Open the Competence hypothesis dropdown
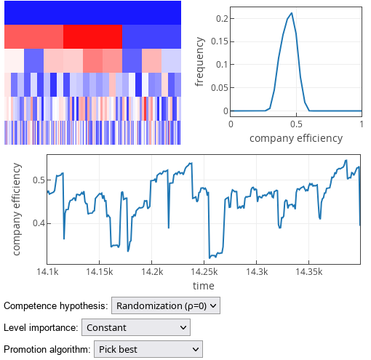(x=165, y=306)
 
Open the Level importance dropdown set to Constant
(x=136, y=328)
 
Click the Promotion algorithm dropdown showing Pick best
(x=148, y=350)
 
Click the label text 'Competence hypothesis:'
(x=56, y=306)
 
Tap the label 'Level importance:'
(x=41, y=328)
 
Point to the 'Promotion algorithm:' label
(x=47, y=350)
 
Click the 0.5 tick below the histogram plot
(x=296, y=124)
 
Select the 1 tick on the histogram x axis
(x=362, y=124)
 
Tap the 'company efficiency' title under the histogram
(x=296, y=137)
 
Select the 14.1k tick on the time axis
(x=47, y=271)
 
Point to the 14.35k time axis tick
(x=308, y=271)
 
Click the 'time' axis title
(x=204, y=285)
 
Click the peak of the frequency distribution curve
(x=291, y=13)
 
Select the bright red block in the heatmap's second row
(x=92, y=36)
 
